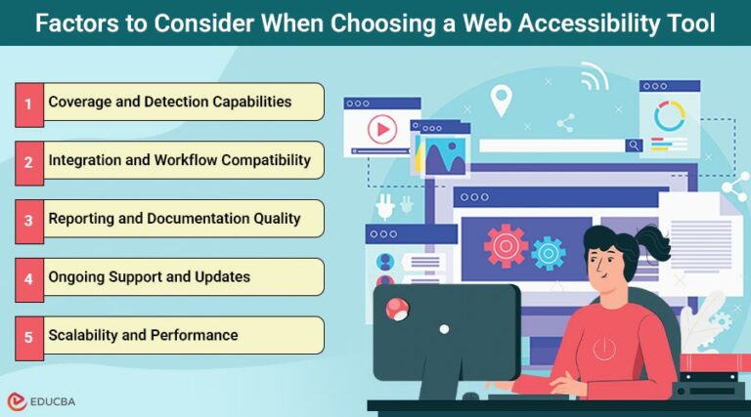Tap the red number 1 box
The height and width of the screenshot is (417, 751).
pyautogui.click(x=28, y=103)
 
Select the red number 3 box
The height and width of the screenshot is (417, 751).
pyautogui.click(x=28, y=219)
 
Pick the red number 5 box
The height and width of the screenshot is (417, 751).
pyautogui.click(x=28, y=336)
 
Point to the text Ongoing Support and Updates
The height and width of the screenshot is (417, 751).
pyautogui.click(x=150, y=277)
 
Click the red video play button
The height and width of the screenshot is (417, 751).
pyautogui.click(x=381, y=128)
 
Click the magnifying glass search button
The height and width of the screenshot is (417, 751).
pyautogui.click(x=635, y=146)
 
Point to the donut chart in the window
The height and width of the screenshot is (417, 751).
pyautogui.click(x=670, y=116)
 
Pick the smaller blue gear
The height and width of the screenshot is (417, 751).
pyautogui.click(x=548, y=252)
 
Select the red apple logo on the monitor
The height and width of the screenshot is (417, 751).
pyautogui.click(x=398, y=310)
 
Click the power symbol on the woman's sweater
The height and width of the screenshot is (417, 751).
pyautogui.click(x=604, y=348)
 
